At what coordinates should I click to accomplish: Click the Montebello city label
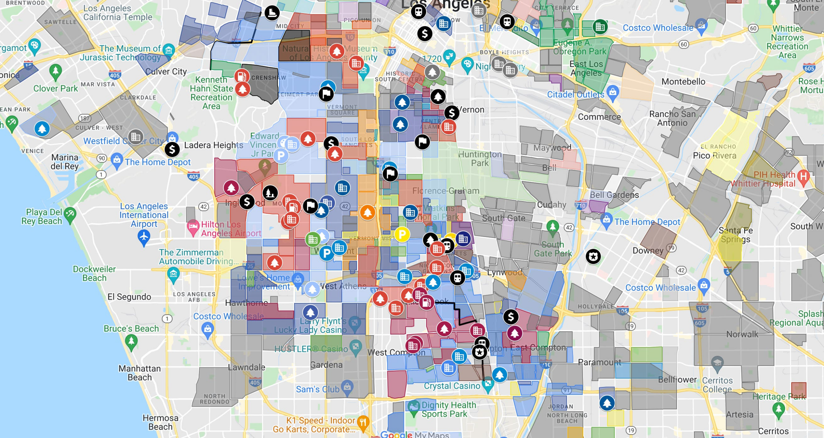pyautogui.click(x=683, y=82)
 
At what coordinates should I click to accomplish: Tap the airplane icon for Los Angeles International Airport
pyautogui.click(x=144, y=237)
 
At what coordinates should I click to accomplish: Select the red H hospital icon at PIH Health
pyautogui.click(x=803, y=176)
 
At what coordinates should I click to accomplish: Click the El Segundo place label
pyautogui.click(x=129, y=297)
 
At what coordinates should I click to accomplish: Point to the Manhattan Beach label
pyautogui.click(x=139, y=373)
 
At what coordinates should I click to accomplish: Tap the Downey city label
pyautogui.click(x=648, y=250)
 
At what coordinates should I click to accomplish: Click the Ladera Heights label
pyautogui.click(x=213, y=145)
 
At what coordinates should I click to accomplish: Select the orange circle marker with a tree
pyautogui.click(x=367, y=212)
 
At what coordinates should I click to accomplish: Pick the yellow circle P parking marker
pyautogui.click(x=402, y=234)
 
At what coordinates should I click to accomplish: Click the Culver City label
pyautogui.click(x=166, y=71)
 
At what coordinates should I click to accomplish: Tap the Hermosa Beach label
pyautogui.click(x=160, y=422)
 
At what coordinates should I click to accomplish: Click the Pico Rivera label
pyautogui.click(x=714, y=156)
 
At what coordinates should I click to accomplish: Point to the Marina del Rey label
pyautogui.click(x=65, y=162)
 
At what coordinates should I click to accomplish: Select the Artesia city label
pyautogui.click(x=739, y=414)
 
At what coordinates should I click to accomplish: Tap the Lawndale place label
pyautogui.click(x=247, y=367)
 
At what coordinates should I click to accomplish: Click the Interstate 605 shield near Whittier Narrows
pyautogui.click(x=809, y=68)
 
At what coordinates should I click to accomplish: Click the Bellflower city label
pyautogui.click(x=677, y=380)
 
